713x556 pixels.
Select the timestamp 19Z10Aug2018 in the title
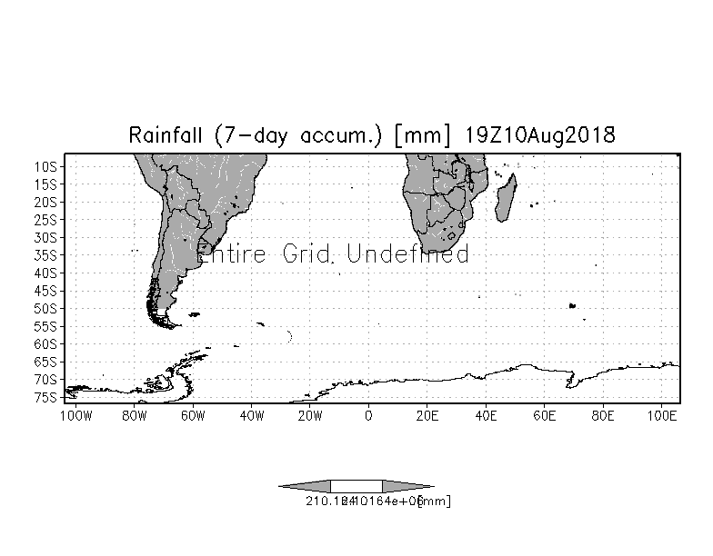(540, 136)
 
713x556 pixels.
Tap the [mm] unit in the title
(420, 136)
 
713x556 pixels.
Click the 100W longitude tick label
(75, 416)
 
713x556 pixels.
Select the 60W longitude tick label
(192, 416)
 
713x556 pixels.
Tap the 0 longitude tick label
(367, 416)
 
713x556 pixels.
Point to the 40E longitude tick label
(485, 416)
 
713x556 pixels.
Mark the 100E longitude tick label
(663, 416)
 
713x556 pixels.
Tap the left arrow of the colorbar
(305, 486)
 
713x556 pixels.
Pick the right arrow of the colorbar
(407, 486)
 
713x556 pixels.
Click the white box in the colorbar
(356, 486)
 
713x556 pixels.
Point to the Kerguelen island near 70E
(573, 306)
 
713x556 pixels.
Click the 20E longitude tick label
(427, 416)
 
